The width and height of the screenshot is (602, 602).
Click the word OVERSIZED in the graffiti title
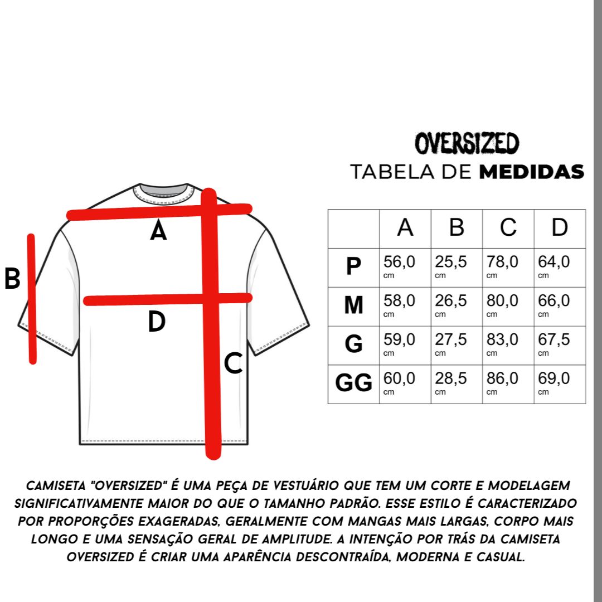tap(467, 144)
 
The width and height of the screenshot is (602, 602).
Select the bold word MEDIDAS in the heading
tap(532, 172)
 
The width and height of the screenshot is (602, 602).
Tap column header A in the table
tap(405, 228)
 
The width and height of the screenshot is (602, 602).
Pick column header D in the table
tap(559, 228)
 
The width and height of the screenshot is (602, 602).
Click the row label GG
tap(353, 383)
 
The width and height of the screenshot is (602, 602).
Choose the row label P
tap(353, 266)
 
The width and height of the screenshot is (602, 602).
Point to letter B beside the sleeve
tap(12, 279)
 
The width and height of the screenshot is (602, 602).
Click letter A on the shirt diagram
tap(158, 231)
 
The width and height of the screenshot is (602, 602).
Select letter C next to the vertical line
tap(233, 364)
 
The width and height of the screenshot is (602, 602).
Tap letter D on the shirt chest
tap(157, 322)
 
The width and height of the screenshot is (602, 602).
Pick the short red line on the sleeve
tap(32, 299)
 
